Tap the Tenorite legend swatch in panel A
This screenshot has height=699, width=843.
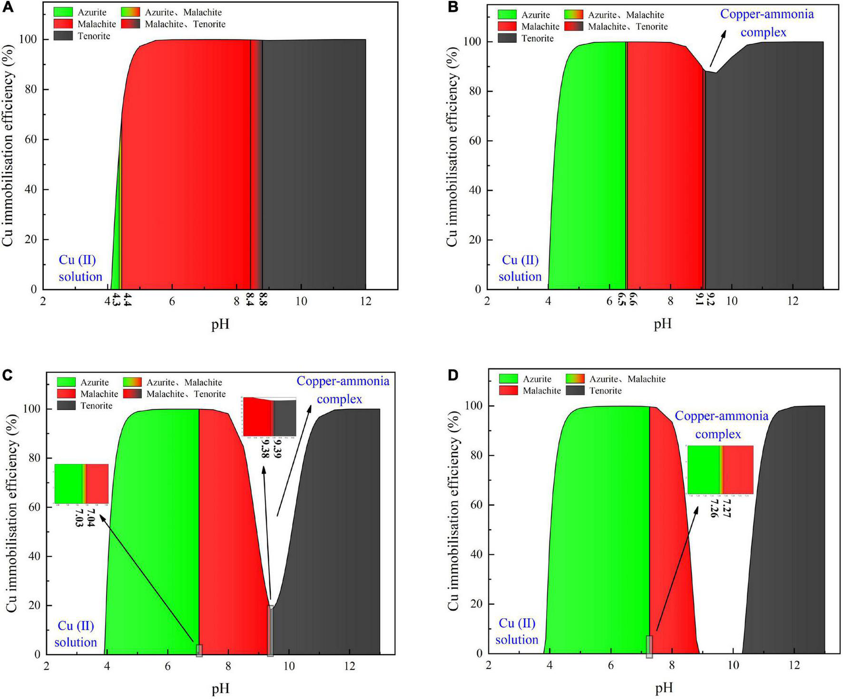point(64,36)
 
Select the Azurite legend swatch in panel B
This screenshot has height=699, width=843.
point(507,15)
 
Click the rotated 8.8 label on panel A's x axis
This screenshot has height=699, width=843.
point(262,301)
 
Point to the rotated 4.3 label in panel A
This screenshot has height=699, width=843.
point(117,301)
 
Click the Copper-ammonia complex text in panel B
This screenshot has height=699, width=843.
point(766,23)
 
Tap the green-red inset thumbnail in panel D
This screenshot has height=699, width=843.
point(720,470)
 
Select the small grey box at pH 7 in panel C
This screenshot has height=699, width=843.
point(199,650)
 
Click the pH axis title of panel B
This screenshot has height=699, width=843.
point(662,324)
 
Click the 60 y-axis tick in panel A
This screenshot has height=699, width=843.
point(30,140)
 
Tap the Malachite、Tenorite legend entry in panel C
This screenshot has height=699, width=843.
point(174,394)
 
